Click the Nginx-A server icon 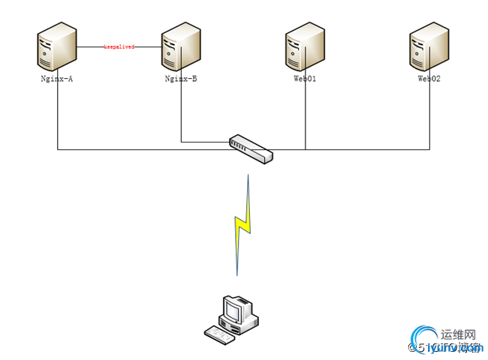[x=57, y=46]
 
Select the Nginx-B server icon [x=181, y=46]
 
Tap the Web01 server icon [x=305, y=46]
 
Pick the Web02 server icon [x=429, y=46]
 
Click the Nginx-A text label [x=57, y=78]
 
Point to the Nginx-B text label [x=181, y=78]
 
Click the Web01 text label [x=305, y=78]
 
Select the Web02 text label [x=429, y=78]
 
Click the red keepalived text [x=119, y=46]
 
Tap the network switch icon [x=252, y=148]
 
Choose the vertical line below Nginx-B [x=181, y=112]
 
